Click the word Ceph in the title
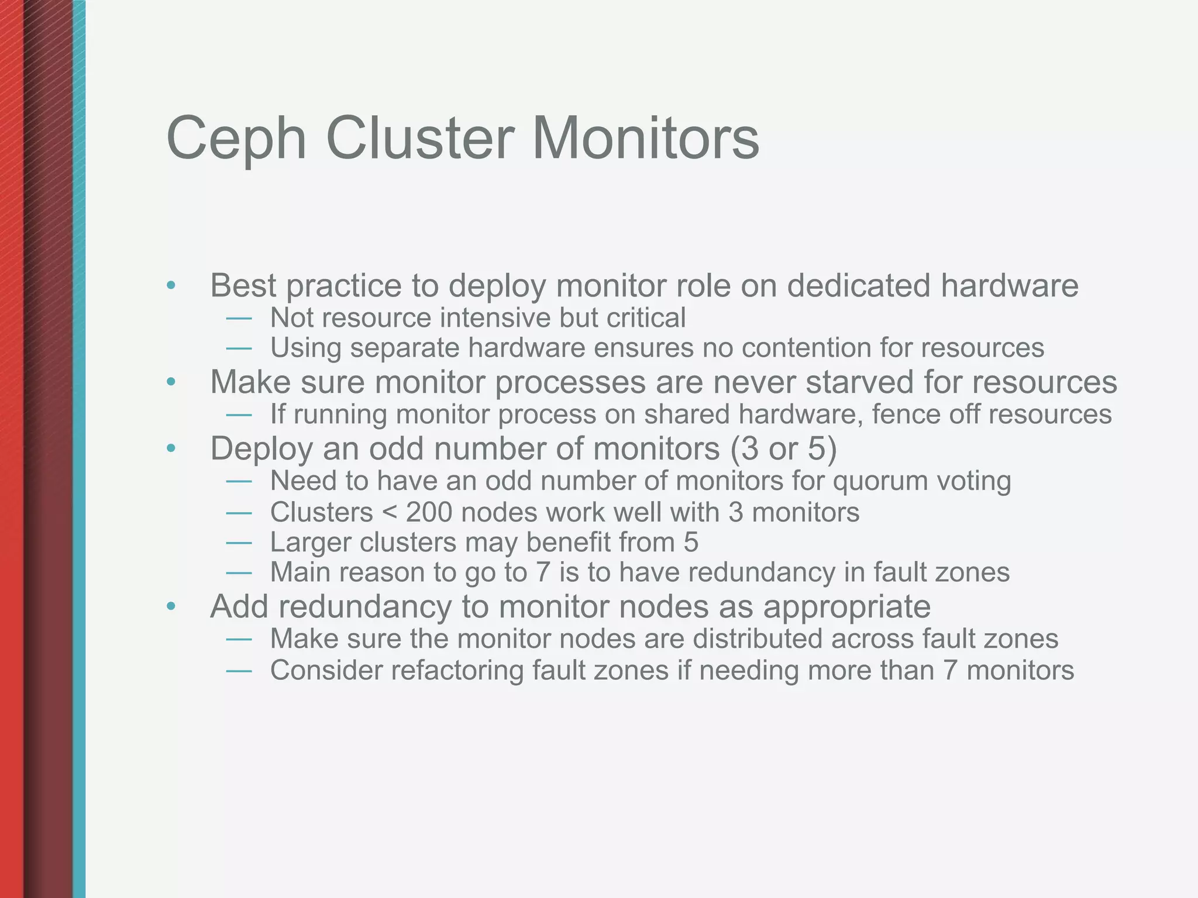pos(236,139)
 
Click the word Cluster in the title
pos(420,138)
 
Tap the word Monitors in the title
pos(646,138)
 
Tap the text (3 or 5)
pos(783,449)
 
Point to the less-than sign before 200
pos(389,513)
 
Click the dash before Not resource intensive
pos(239,319)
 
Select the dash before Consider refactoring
pos(239,671)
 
